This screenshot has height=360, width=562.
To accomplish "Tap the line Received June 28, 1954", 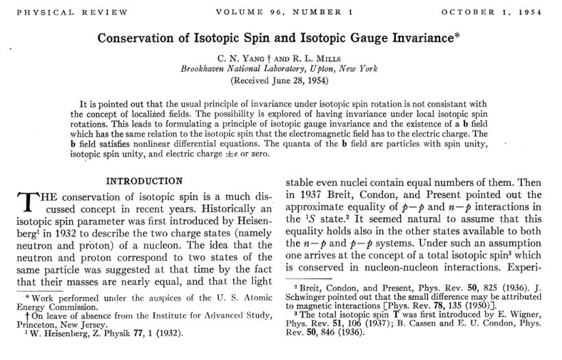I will point(280,80).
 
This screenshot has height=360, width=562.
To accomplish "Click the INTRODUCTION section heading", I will point(144,181).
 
